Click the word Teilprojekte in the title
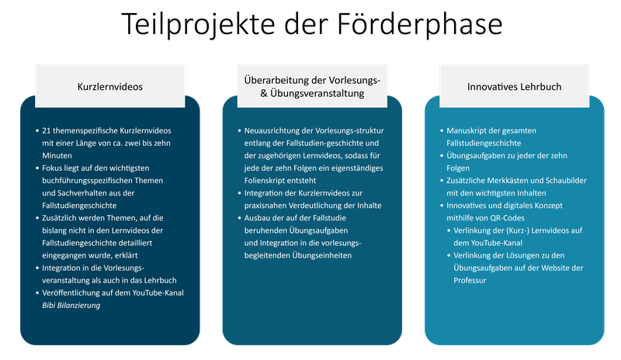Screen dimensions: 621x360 tap(198, 25)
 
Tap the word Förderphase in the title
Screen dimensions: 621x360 tap(420, 25)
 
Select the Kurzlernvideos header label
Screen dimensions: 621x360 tap(110, 87)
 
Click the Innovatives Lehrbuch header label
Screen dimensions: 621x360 tap(514, 87)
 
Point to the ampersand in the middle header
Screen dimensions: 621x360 tap(264, 93)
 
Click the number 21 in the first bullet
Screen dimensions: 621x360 tap(47, 130)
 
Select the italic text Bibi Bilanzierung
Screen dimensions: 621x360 tap(71, 306)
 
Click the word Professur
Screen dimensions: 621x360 tap(470, 280)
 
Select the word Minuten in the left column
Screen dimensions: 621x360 tap(57, 156)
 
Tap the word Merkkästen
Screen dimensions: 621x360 tap(505, 181)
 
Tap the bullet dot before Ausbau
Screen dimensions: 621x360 tap(240, 218)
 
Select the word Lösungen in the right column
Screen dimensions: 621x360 tap(516, 255)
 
